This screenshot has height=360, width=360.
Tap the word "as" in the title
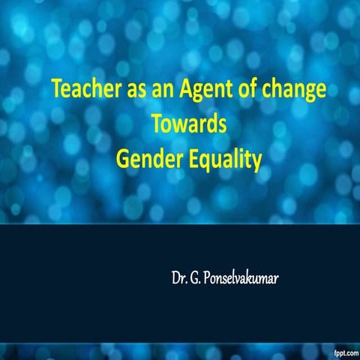(124, 91)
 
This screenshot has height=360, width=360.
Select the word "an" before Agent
(150, 91)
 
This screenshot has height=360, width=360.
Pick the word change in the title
(283, 91)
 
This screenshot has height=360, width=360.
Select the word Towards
(189, 124)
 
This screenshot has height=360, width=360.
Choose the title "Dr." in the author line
(179, 283)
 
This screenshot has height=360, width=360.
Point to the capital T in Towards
(155, 124)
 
